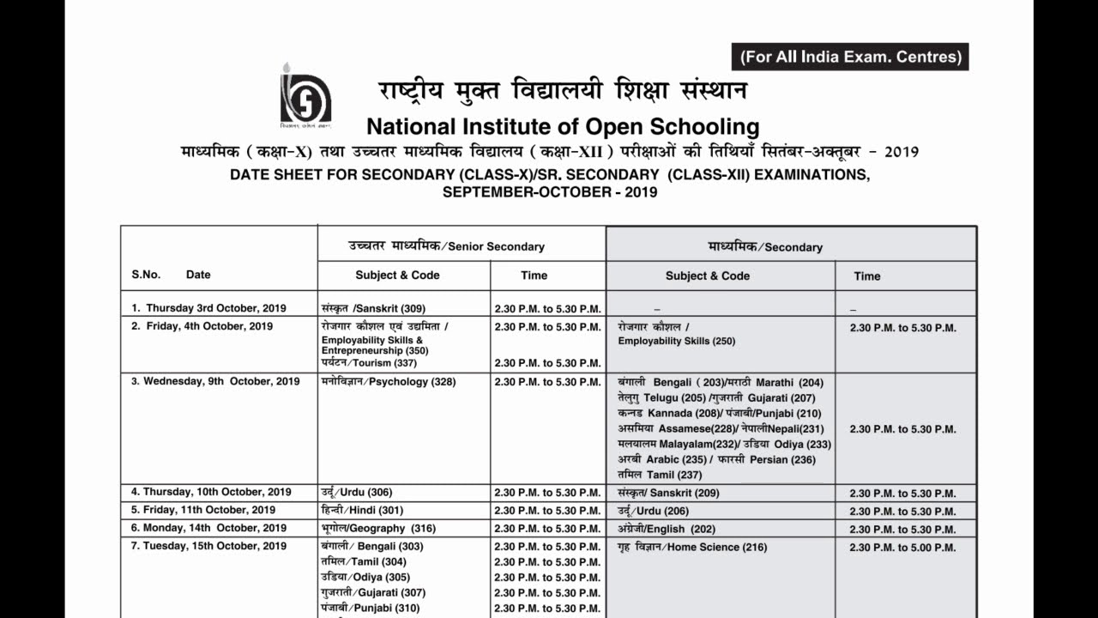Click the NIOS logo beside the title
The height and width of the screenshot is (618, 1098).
[305, 95]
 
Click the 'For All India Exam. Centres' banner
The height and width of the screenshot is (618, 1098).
[850, 57]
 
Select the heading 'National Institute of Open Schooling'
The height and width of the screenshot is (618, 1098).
[563, 127]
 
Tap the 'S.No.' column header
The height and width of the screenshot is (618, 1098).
[146, 275]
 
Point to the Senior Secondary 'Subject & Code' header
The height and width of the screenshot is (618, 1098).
[397, 276]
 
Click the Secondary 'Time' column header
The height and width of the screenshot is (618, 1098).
[866, 276]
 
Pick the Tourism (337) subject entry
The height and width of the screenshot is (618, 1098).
[357, 363]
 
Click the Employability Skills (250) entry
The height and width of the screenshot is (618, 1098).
[676, 341]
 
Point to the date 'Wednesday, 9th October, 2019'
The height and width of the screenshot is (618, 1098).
[215, 382]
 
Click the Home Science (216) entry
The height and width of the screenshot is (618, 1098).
[692, 548]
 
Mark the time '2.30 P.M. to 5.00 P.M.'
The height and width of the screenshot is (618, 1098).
[902, 548]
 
